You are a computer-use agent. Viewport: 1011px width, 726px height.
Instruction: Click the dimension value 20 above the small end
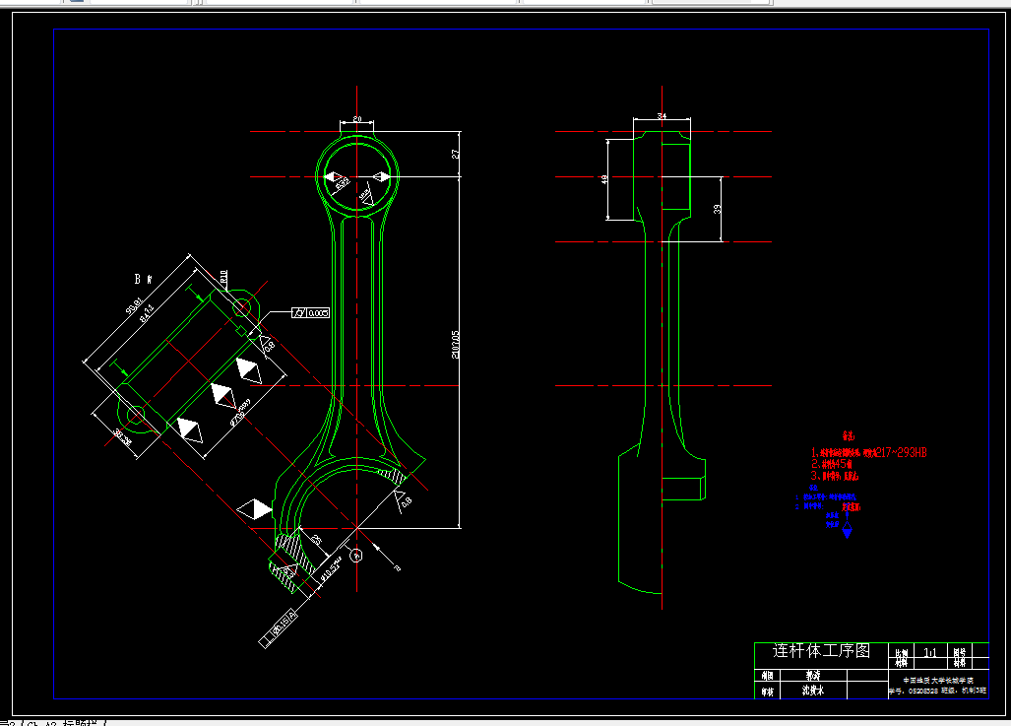357,119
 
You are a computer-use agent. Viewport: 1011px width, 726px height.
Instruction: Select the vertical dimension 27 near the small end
455,154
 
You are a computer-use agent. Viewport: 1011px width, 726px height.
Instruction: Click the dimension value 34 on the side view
662,117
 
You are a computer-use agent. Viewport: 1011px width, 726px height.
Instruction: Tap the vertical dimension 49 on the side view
603,179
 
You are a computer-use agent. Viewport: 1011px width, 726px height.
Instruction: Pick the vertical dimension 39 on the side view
717,209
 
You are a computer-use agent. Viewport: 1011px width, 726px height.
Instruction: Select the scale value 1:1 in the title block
928,652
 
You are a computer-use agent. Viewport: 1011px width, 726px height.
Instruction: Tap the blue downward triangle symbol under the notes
847,534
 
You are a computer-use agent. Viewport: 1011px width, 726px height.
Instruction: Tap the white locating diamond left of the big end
255,509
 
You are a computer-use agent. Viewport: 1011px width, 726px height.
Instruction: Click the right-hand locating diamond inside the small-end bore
380,177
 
